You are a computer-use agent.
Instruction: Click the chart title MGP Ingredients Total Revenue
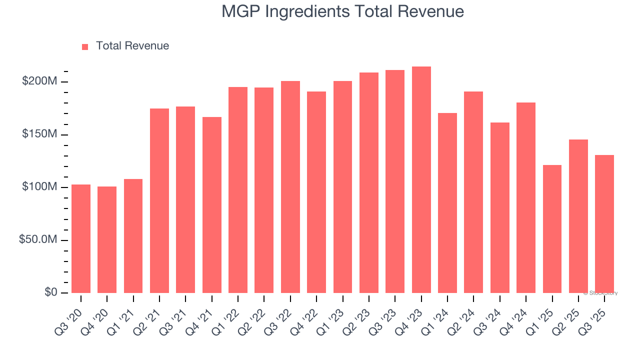(x=343, y=11)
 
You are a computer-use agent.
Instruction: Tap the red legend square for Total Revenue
(x=85, y=46)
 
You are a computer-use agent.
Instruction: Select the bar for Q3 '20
(x=81, y=238)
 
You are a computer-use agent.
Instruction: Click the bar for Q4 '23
(x=421, y=180)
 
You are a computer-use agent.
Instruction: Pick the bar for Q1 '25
(x=552, y=229)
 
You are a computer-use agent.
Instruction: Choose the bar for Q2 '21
(x=159, y=200)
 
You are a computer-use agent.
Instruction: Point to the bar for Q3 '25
(x=604, y=224)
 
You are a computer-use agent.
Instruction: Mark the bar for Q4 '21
(x=212, y=205)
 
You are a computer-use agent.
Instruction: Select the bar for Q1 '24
(x=447, y=203)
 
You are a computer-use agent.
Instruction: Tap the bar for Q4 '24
(x=526, y=197)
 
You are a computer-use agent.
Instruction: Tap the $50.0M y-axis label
(x=38, y=240)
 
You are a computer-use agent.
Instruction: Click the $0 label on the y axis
(x=50, y=292)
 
